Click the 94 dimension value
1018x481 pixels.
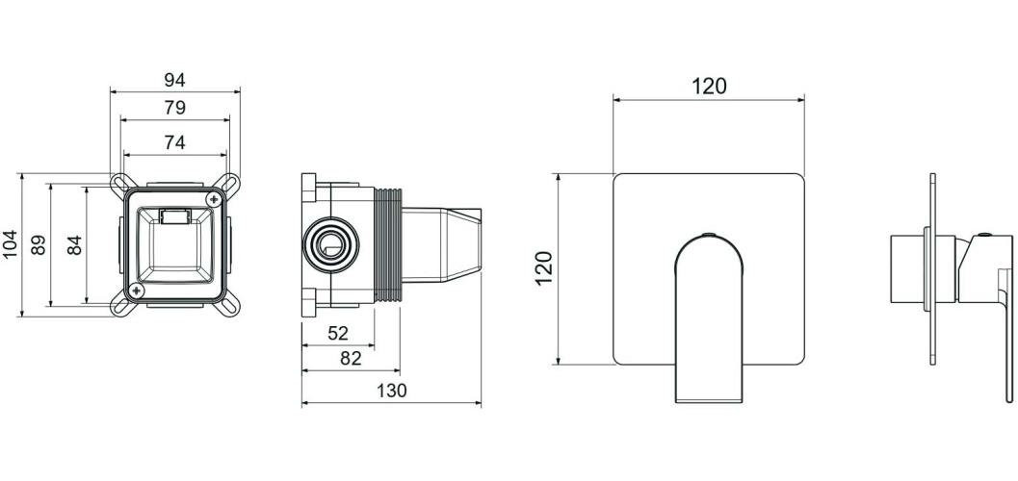point(174,80)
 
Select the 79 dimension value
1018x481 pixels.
point(174,108)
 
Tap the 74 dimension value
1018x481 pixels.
point(174,142)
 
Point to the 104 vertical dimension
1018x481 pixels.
point(10,244)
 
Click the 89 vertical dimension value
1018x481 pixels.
point(39,244)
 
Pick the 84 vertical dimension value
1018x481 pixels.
point(75,244)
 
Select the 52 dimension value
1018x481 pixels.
point(338,333)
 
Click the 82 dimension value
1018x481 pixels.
point(351,358)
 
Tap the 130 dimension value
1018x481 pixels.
point(391,391)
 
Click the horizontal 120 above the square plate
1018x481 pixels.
point(709,87)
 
